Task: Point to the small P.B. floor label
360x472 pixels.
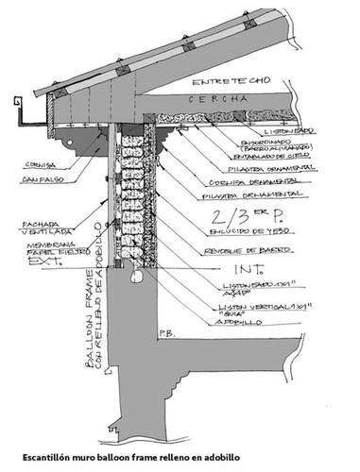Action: (x=169, y=333)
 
